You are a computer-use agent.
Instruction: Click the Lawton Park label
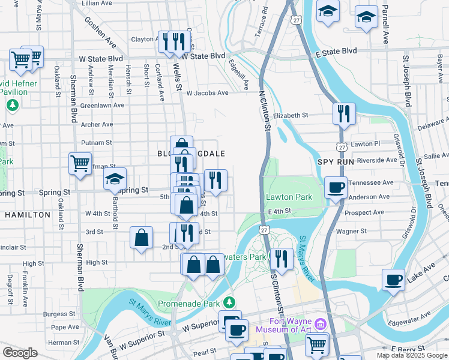tap(289, 197)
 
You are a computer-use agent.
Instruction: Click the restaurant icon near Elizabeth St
tap(344, 114)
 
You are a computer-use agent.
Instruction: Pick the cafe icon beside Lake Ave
tap(394, 280)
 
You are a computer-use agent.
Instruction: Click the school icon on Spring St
tap(115, 179)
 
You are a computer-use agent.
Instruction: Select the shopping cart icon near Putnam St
tap(80, 163)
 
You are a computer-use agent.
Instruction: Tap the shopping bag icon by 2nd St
tap(142, 238)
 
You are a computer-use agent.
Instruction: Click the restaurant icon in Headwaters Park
tap(281, 259)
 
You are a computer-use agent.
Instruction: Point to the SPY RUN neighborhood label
tap(333, 163)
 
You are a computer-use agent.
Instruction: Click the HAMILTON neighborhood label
tap(28, 214)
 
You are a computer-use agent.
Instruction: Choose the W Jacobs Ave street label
tap(207, 93)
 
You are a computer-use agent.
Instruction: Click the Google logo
tap(20, 353)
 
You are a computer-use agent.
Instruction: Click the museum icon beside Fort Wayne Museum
tap(320, 325)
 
